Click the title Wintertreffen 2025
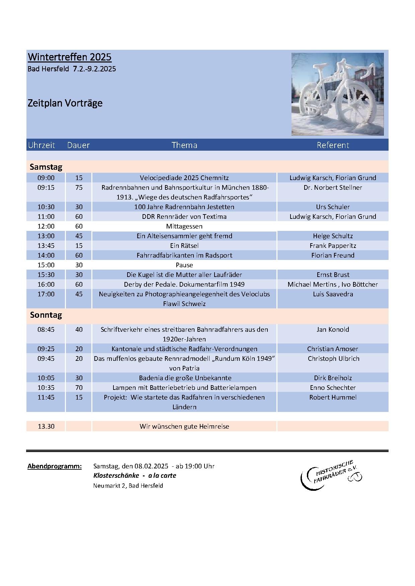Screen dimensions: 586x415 [x=70, y=57]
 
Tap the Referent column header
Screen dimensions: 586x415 [x=333, y=145]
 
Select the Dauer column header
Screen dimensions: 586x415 [x=78, y=145]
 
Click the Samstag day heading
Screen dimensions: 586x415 [x=46, y=167]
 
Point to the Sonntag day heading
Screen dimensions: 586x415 [x=46, y=315]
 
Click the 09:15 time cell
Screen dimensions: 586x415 [x=46, y=187]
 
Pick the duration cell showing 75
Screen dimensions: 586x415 [x=79, y=187]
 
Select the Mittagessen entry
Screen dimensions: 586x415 [x=184, y=226]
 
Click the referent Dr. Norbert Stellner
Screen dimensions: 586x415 [x=333, y=187]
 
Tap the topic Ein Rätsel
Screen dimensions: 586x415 [x=184, y=246]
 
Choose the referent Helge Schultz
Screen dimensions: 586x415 [x=333, y=236]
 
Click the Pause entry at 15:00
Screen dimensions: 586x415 [x=184, y=265]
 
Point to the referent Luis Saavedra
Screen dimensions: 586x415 [x=333, y=294]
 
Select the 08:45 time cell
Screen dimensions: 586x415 [x=46, y=329]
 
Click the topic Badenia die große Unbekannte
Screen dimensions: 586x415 [x=185, y=378]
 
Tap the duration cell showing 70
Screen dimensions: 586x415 [x=79, y=388]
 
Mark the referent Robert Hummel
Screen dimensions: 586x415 [x=333, y=397]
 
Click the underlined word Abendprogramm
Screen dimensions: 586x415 [x=55, y=466]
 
